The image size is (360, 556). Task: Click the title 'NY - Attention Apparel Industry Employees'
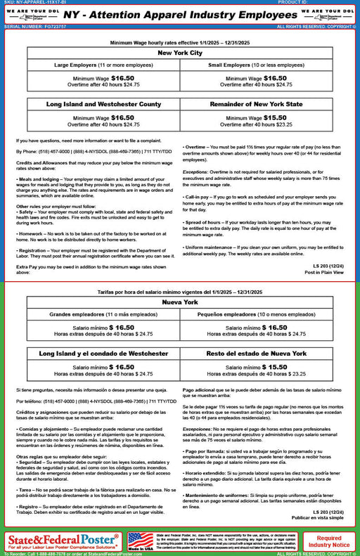(x=180, y=13)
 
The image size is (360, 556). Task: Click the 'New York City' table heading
(x=180, y=53)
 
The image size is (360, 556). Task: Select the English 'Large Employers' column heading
(x=103, y=65)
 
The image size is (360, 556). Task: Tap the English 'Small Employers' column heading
(x=257, y=65)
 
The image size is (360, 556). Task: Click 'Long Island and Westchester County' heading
(x=103, y=104)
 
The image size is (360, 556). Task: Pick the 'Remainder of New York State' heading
(x=257, y=104)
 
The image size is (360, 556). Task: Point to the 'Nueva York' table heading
(x=180, y=303)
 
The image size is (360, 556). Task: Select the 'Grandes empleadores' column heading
(x=103, y=315)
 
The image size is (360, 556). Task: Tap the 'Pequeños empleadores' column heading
(x=257, y=315)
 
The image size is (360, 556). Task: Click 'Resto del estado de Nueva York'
(x=257, y=353)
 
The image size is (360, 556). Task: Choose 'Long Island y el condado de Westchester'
(x=103, y=353)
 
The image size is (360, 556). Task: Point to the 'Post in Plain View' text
(x=324, y=272)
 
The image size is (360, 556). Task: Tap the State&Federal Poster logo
(x=62, y=541)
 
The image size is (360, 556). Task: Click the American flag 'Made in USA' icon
(x=140, y=541)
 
